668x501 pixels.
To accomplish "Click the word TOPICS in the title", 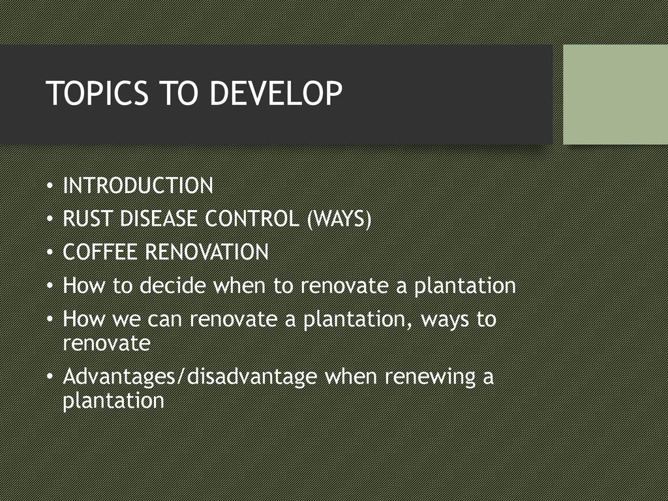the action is (97, 93).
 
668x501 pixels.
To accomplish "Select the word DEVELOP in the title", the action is (276, 93).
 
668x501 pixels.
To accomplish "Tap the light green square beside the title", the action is (616, 94).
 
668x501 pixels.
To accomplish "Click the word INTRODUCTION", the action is (138, 185).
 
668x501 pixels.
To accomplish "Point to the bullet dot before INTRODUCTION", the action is (50, 186).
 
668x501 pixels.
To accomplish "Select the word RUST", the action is (88, 219).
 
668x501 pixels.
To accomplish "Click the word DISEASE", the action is (159, 219).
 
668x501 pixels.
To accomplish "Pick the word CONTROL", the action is (252, 219).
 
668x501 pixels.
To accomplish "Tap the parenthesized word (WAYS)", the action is (339, 219).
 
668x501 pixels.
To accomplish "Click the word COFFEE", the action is (100, 252).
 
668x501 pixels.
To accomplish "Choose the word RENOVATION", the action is (207, 252).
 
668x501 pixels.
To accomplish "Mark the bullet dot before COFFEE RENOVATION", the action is (50, 252).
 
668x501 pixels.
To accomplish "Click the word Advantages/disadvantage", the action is (190, 377).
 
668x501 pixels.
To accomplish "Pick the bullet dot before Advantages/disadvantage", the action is (50, 377).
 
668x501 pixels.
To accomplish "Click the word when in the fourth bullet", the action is (239, 285).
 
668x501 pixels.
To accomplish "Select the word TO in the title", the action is (179, 93).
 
